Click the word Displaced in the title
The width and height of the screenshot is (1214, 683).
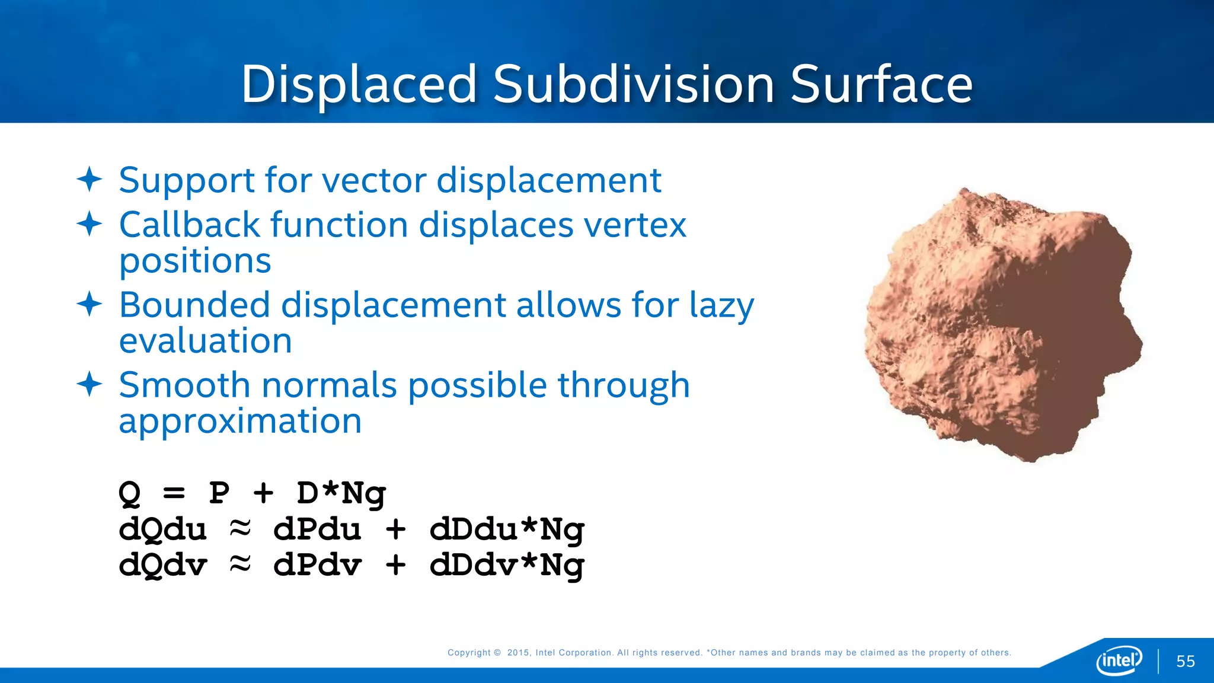click(x=359, y=85)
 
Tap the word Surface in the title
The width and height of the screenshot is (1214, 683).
click(x=881, y=85)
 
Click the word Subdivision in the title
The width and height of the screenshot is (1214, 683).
click(x=634, y=85)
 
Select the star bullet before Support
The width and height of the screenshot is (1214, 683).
click(x=90, y=179)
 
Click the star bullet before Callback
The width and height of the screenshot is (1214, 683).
click(x=90, y=224)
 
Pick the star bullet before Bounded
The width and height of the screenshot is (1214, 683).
click(x=90, y=304)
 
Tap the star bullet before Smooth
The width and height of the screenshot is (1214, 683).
click(x=90, y=384)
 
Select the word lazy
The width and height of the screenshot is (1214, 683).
click(x=721, y=306)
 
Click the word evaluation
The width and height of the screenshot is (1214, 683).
click(x=205, y=341)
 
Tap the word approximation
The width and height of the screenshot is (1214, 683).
click(x=240, y=422)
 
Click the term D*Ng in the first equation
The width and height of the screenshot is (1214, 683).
click(x=341, y=493)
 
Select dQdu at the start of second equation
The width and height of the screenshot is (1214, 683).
click(x=162, y=529)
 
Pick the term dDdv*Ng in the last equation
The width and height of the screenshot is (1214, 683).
click(x=507, y=566)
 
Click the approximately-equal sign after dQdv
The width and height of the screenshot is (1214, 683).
click(x=240, y=563)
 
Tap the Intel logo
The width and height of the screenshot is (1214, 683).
click(x=1119, y=660)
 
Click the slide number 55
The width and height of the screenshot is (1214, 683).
click(x=1186, y=661)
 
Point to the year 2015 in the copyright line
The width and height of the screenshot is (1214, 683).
click(x=518, y=653)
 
